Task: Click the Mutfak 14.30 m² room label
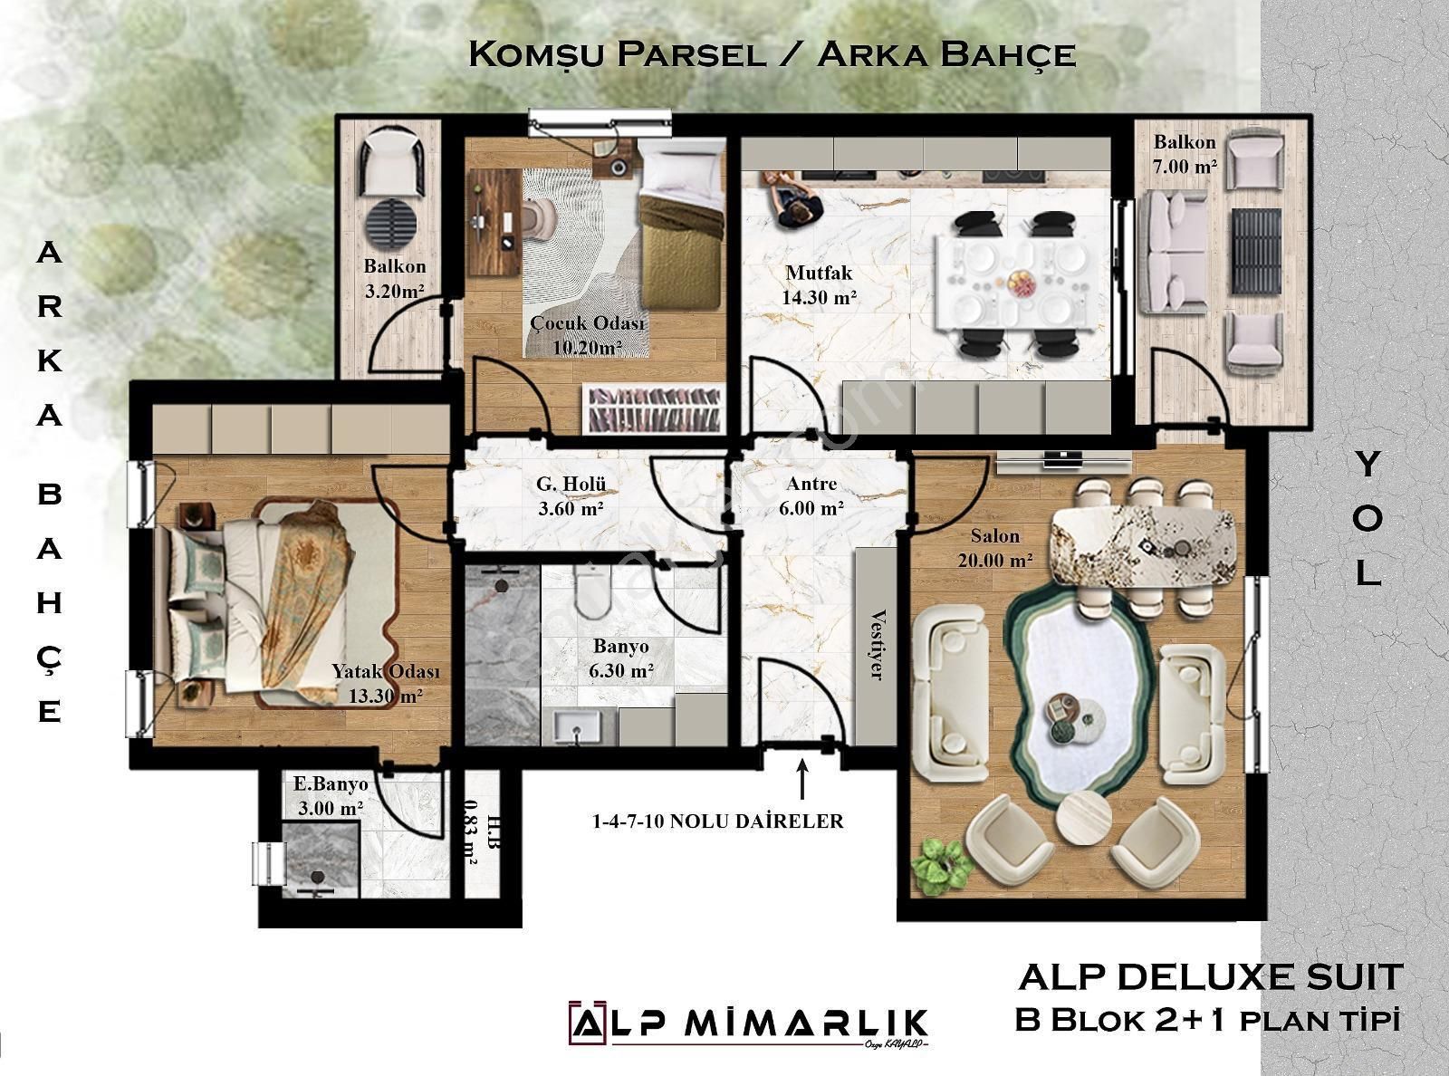click(x=819, y=283)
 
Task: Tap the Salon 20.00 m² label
click(x=995, y=548)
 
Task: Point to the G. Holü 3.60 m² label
click(x=571, y=495)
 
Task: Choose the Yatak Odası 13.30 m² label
click(x=385, y=684)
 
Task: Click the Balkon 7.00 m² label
click(x=1185, y=154)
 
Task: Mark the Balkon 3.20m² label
click(x=395, y=278)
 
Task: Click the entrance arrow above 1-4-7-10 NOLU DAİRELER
click(x=801, y=777)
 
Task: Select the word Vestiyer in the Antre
click(x=875, y=644)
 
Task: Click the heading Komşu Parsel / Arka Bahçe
click(x=772, y=54)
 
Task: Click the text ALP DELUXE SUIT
click(x=1211, y=977)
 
